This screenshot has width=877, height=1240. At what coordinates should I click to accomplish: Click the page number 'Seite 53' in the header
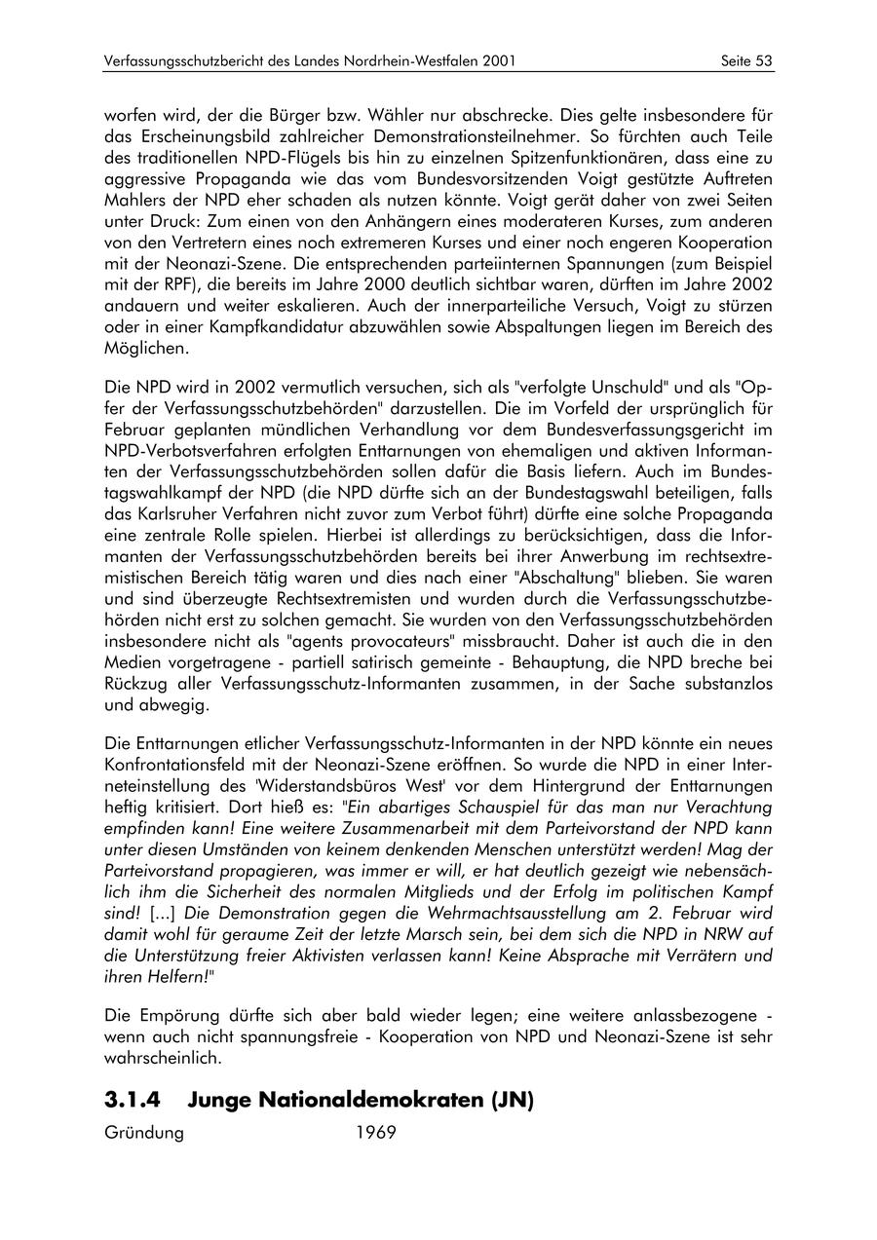pyautogui.click(x=746, y=61)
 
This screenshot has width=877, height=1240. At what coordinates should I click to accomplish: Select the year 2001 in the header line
pyautogui.click(x=498, y=61)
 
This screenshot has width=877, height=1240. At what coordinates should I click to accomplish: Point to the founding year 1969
pyautogui.click(x=376, y=1133)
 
